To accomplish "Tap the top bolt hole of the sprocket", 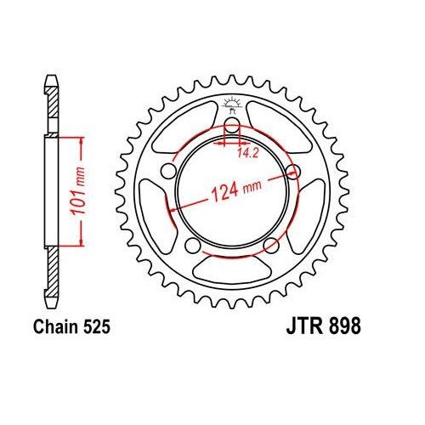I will [231, 128].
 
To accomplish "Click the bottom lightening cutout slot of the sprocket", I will [231, 270].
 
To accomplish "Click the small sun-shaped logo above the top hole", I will [231, 106].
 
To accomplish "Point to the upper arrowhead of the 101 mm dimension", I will [82, 138].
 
